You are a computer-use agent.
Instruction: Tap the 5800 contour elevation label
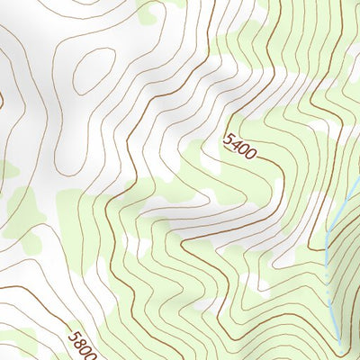click(x=82, y=346)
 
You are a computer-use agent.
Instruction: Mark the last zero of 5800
click(x=88, y=355)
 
